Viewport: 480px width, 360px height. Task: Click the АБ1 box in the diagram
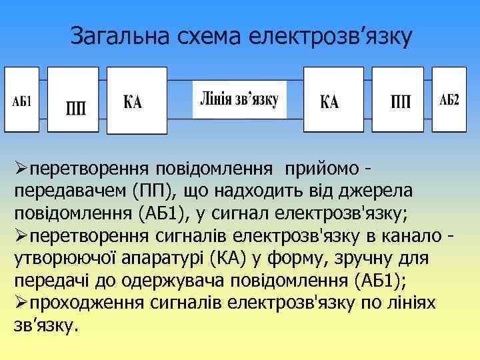(x=22, y=99)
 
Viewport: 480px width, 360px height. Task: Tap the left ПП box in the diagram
(x=75, y=99)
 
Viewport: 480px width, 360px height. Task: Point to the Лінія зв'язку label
(x=239, y=99)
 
